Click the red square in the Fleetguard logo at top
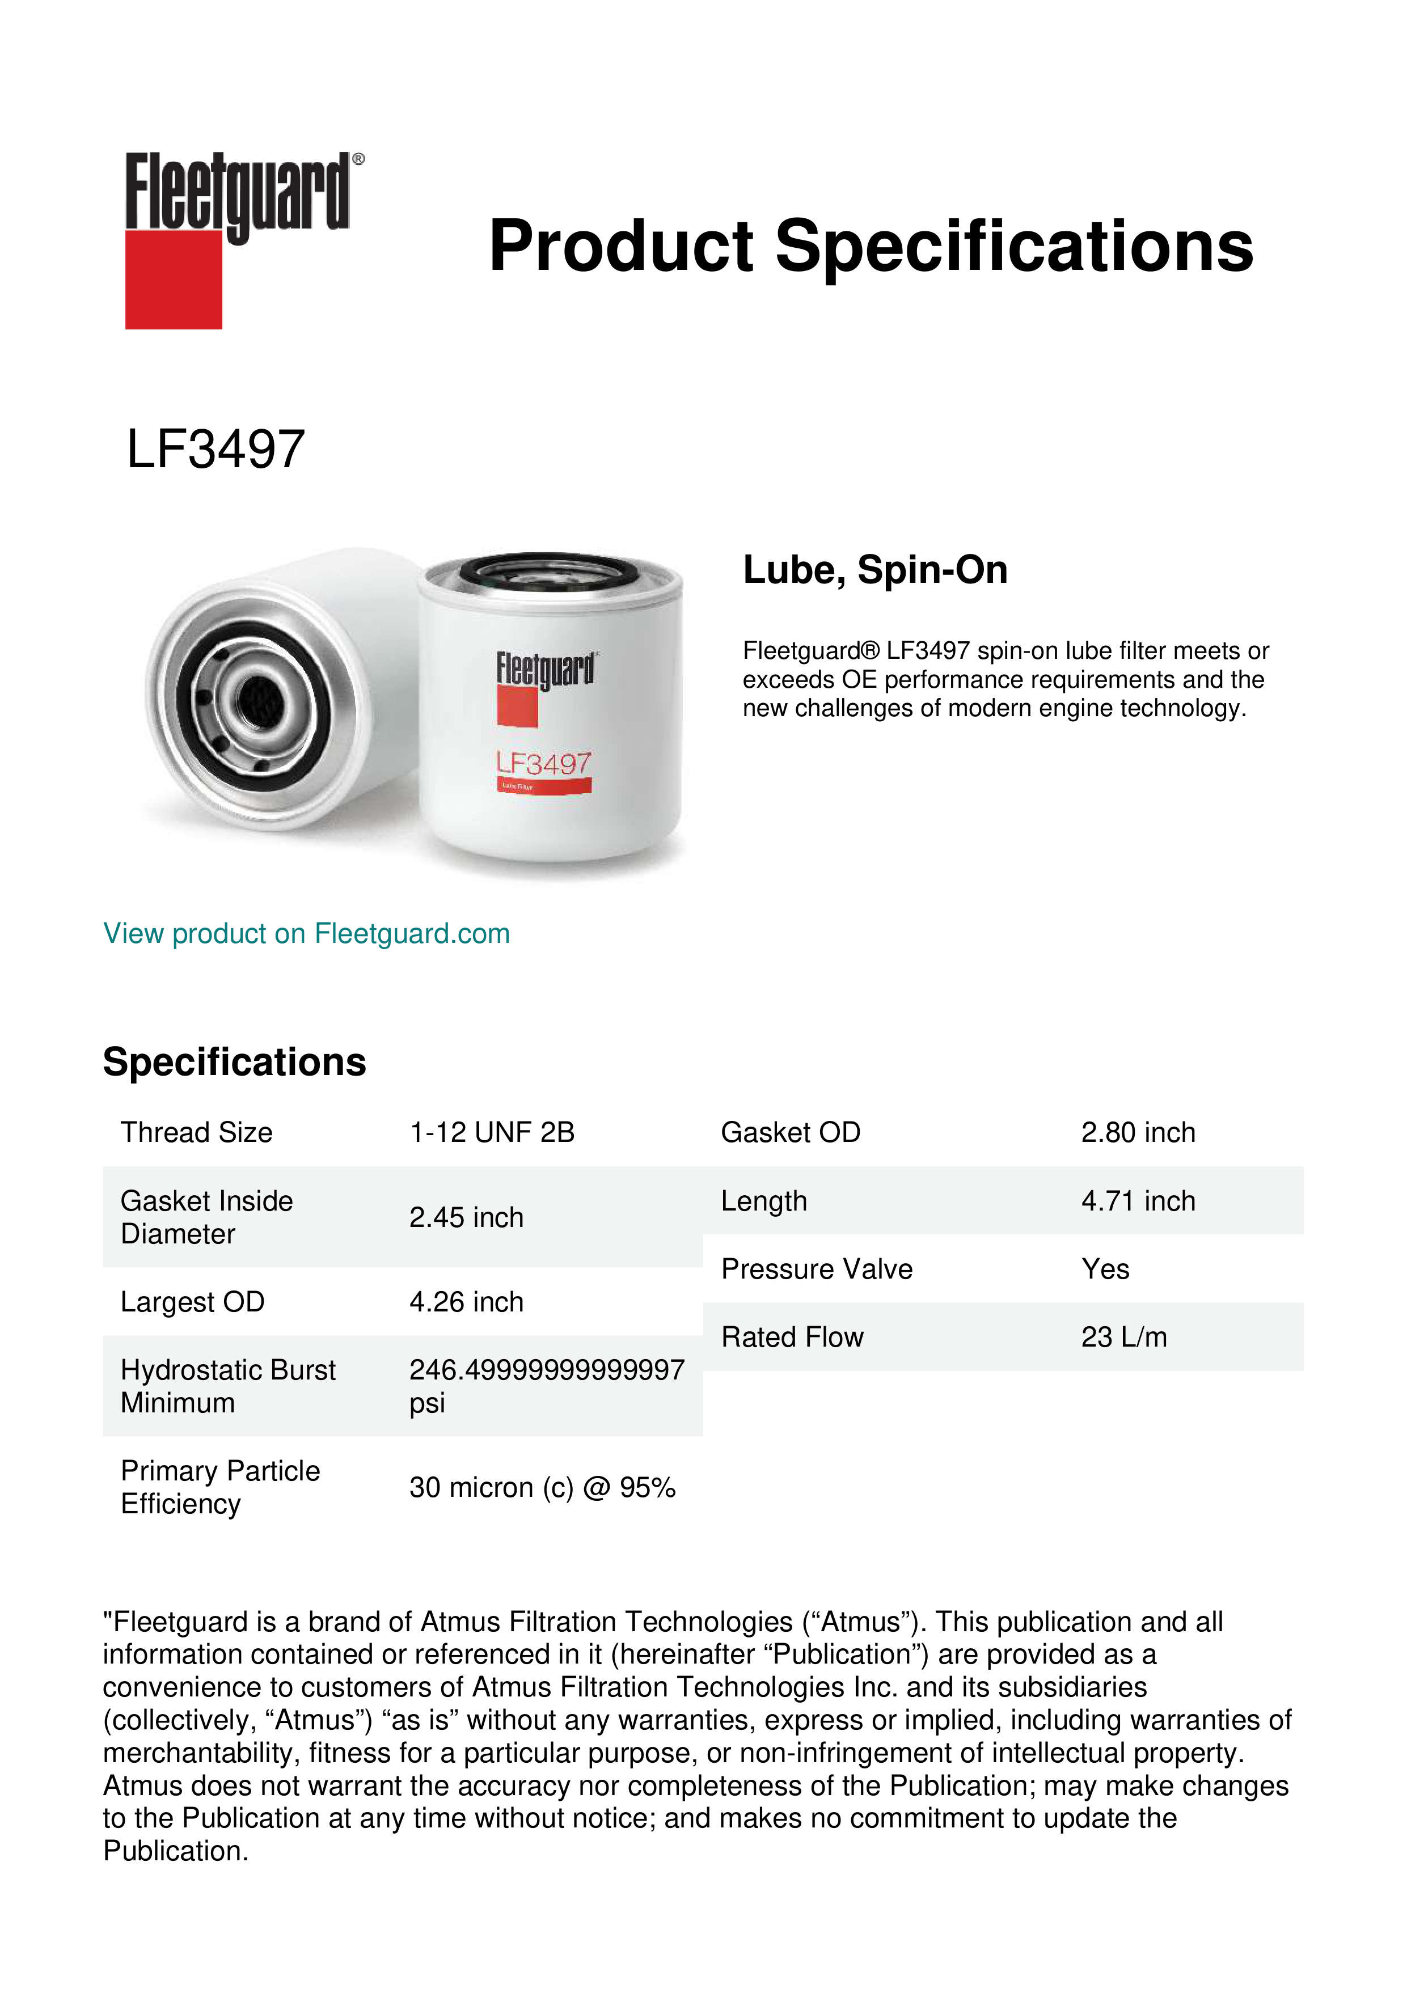[174, 279]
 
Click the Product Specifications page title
[871, 246]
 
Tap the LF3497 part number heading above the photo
[216, 450]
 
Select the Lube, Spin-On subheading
[875, 570]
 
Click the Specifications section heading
[234, 1062]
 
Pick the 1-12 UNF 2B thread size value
[491, 1132]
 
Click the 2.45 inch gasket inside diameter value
[466, 1217]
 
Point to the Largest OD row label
[192, 1302]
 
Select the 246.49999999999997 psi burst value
[546, 1386]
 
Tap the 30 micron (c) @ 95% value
[542, 1487]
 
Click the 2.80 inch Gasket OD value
[1138, 1132]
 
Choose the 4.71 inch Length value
[1138, 1201]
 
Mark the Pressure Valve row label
[816, 1269]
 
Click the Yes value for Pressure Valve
[1105, 1269]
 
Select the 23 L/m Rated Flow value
[1123, 1338]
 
